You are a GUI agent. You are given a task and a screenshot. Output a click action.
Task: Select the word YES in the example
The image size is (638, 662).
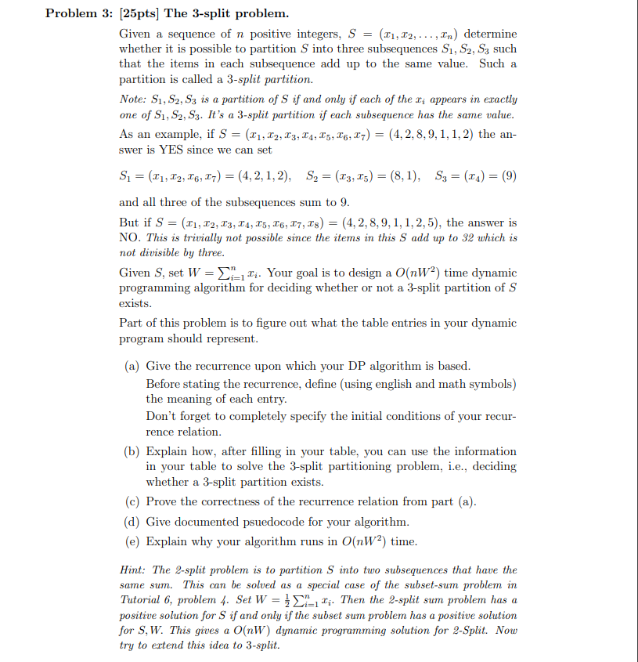[177, 149]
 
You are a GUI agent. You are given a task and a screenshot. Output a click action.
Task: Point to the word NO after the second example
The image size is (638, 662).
[129, 237]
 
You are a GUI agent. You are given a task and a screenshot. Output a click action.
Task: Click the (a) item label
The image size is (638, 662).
[133, 366]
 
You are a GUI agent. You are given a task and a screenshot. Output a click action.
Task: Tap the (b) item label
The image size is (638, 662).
[133, 451]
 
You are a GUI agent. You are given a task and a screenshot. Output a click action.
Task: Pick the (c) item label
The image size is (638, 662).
[133, 502]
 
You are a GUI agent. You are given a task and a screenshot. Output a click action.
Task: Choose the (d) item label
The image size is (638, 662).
[133, 522]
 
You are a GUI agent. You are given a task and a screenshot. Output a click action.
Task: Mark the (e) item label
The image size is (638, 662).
[133, 541]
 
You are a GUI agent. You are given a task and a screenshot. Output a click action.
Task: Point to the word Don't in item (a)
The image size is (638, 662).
[160, 417]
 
